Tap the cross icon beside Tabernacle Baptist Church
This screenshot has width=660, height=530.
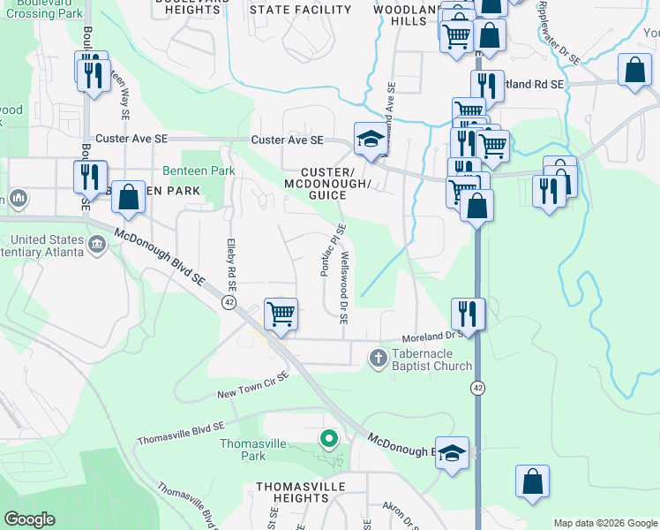tap(377, 358)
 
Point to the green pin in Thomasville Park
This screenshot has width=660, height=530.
tap(329, 438)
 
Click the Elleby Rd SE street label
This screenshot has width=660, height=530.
tap(231, 265)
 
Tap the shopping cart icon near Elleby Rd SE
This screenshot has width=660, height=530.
tap(281, 313)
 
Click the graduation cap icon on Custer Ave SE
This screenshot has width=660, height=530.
tap(370, 138)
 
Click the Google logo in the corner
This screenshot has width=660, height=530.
tap(29, 519)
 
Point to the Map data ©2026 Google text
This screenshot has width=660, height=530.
tap(604, 523)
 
